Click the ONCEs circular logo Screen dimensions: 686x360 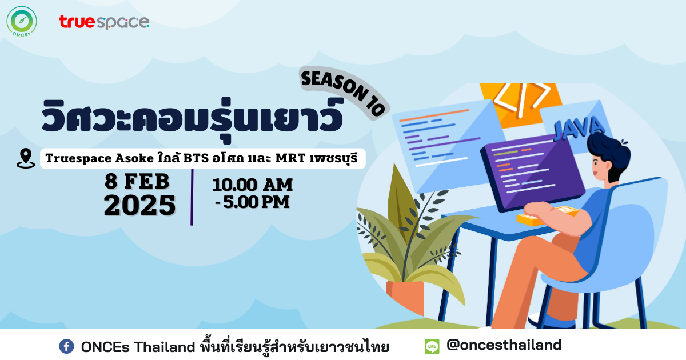tap(22, 22)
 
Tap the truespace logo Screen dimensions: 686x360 tap(104, 22)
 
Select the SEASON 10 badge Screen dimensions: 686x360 tap(344, 93)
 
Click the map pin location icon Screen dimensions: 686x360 tap(26, 158)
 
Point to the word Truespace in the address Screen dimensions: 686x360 tap(78, 159)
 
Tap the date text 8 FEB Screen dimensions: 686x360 tap(137, 181)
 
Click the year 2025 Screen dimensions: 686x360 tap(139, 205)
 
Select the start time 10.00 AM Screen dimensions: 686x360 tap(253, 185)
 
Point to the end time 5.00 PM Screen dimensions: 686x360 tap(256, 202)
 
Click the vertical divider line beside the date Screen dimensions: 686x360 tap(192, 198)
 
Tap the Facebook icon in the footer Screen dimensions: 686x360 tap(66, 346)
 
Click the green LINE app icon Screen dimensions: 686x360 tap(432, 346)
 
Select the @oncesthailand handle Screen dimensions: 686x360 tap(504, 345)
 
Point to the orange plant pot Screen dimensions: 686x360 tap(405, 298)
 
